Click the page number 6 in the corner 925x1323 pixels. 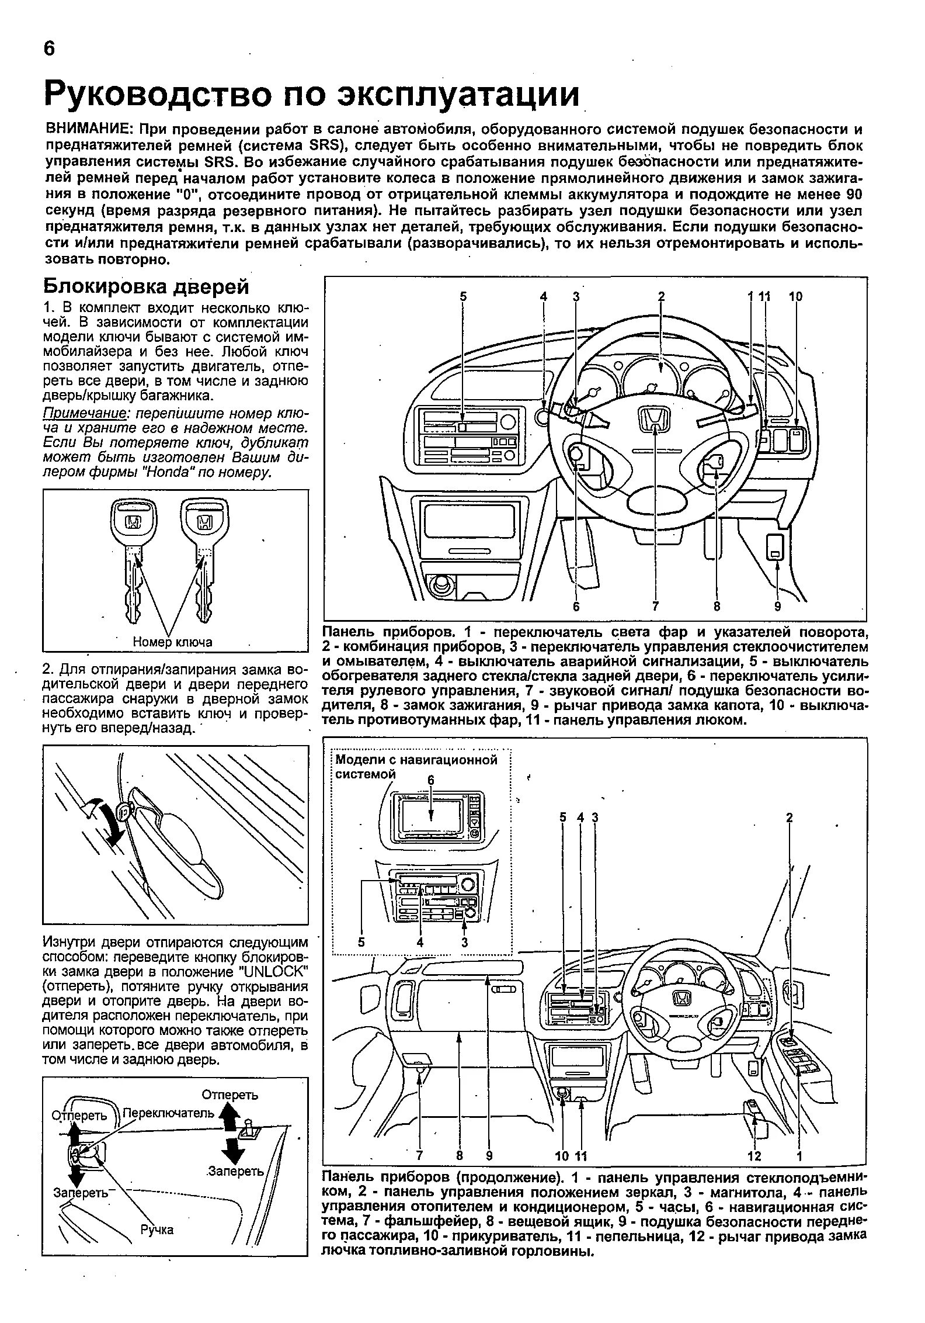[x=49, y=49]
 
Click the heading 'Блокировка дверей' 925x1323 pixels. [x=147, y=287]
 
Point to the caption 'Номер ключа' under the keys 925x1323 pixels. [x=172, y=642]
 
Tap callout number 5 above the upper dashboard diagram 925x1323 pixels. [x=463, y=297]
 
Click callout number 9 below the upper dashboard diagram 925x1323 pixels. [x=777, y=607]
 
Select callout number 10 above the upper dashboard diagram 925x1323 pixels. [x=795, y=297]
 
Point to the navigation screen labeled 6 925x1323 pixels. [x=431, y=816]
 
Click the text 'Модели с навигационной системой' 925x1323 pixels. [x=416, y=766]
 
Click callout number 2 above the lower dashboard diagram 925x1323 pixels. [x=789, y=818]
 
